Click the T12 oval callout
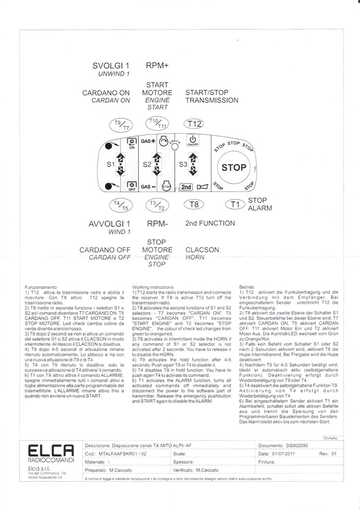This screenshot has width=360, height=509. [193, 124]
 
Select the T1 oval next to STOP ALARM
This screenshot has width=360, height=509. [235, 204]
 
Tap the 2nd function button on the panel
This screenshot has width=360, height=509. [185, 187]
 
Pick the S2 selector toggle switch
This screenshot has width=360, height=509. [157, 164]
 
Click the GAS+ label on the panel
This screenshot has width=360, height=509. [148, 141]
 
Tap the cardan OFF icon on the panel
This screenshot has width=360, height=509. [132, 186]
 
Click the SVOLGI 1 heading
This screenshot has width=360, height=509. [111, 66]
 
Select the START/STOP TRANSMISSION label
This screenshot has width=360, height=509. [211, 96]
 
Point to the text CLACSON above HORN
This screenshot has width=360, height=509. [202, 250]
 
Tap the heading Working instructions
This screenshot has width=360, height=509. [153, 287]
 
